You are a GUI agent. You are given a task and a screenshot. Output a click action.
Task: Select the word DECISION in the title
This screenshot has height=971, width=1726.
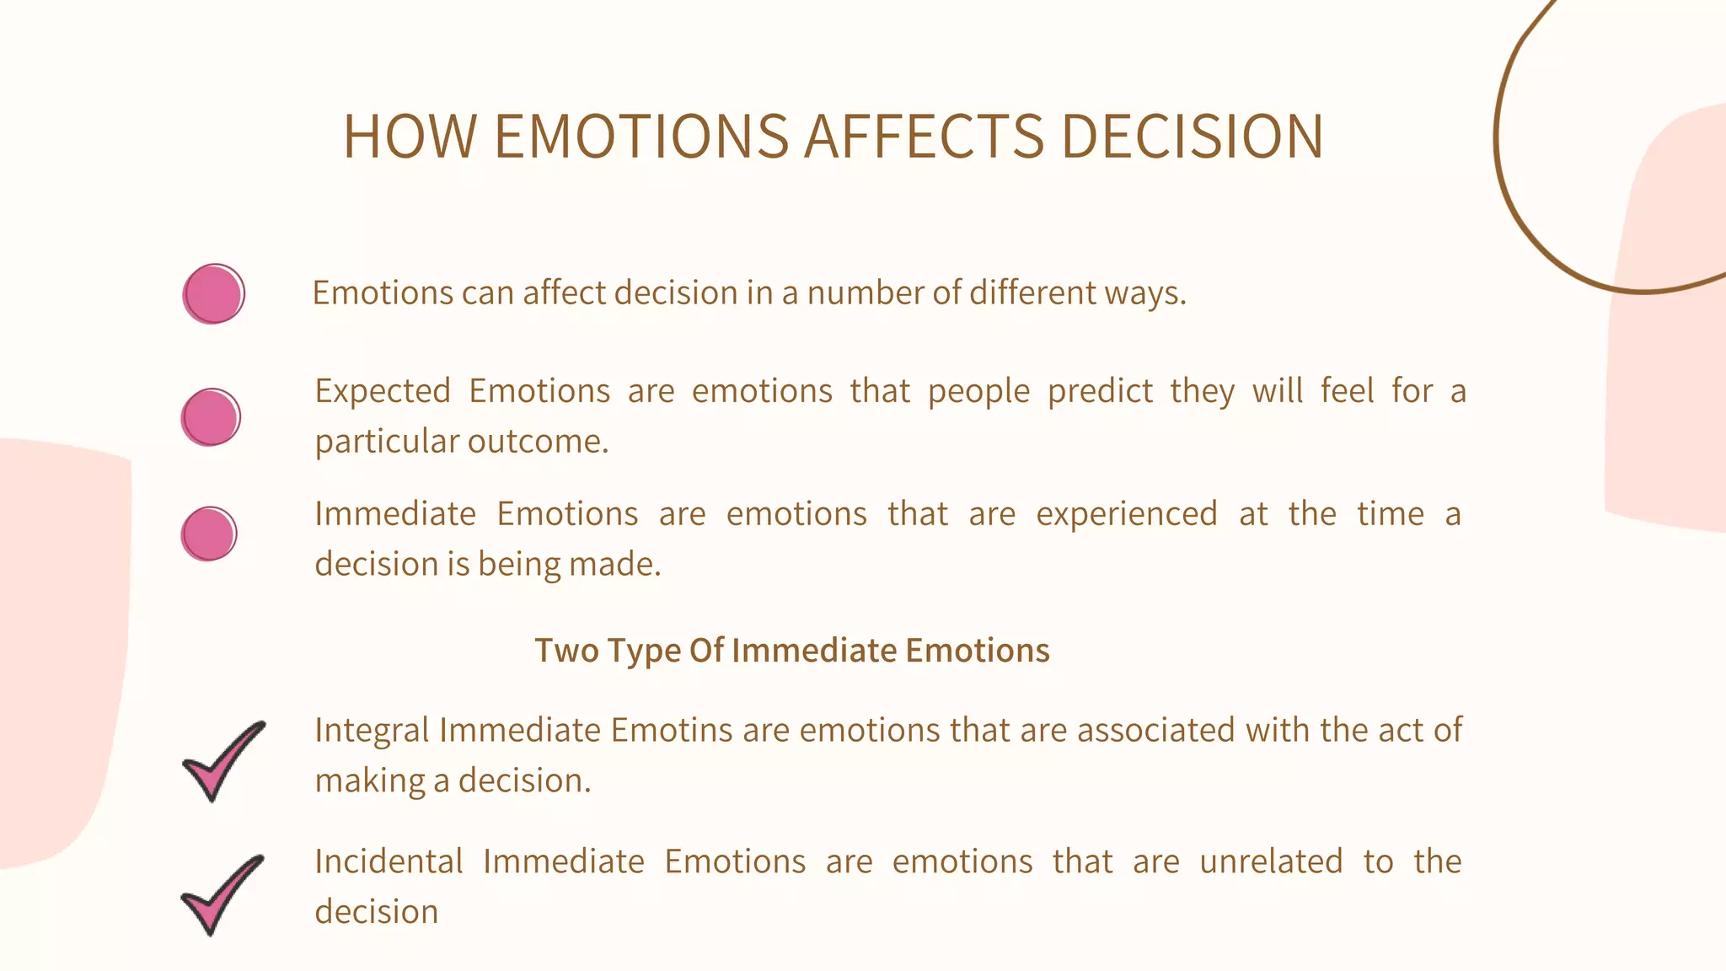(1192, 137)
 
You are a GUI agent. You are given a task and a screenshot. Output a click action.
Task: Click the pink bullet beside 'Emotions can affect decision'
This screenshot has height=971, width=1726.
(213, 293)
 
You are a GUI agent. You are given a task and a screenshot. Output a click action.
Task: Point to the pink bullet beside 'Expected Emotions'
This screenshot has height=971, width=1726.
(211, 416)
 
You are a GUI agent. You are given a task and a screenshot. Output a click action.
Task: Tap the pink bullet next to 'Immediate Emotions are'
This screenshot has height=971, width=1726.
(209, 534)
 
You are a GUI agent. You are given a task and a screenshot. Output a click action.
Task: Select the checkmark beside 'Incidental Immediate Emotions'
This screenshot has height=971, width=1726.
(221, 893)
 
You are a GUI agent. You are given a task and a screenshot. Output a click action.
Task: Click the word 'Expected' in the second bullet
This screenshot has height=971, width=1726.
(383, 392)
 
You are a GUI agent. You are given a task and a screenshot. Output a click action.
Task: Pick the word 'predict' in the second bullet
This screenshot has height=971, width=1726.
(1100, 392)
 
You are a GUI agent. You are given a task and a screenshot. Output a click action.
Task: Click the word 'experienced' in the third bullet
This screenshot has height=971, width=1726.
(1126, 514)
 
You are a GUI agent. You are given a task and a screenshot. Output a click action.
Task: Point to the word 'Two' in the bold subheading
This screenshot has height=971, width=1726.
(566, 651)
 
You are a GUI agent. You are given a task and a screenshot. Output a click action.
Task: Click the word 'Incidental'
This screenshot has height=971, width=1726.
(389, 861)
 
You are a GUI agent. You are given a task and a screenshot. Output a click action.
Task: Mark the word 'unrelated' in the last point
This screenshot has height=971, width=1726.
(1271, 861)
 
